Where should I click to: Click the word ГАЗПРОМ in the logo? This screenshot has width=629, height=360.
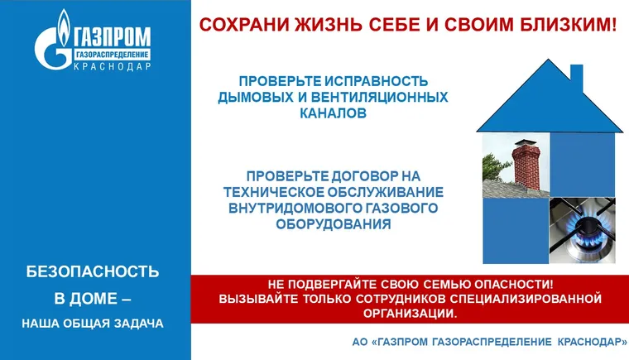113,36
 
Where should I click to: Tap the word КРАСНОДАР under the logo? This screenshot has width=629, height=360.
113,67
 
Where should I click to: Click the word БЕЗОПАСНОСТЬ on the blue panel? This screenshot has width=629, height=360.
93,271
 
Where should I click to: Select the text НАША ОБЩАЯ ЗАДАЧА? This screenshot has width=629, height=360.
93,323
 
